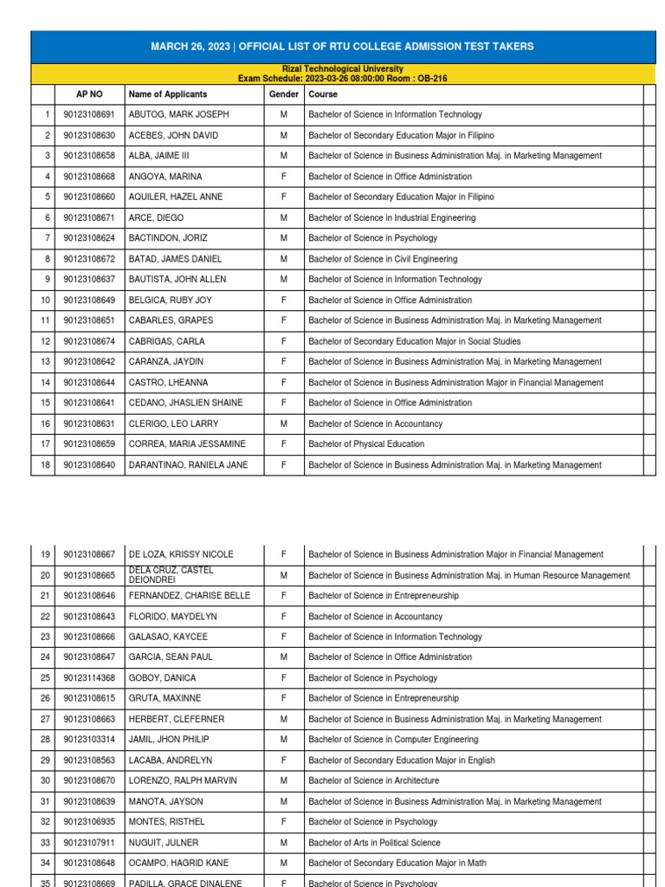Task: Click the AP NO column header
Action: coord(89,94)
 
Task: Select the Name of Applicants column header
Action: coord(168,94)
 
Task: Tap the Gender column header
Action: coord(283,94)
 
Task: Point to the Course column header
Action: coord(323,94)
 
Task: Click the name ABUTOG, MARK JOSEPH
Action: coord(178,114)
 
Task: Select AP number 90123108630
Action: coord(89,135)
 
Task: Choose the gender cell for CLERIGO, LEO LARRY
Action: coord(283,424)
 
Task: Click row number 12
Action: coord(42,341)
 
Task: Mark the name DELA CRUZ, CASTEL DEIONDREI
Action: coord(171,575)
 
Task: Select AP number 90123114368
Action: coord(89,678)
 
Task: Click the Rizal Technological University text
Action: coord(342,69)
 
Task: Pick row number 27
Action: coord(42,719)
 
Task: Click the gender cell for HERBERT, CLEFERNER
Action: coord(283,719)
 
